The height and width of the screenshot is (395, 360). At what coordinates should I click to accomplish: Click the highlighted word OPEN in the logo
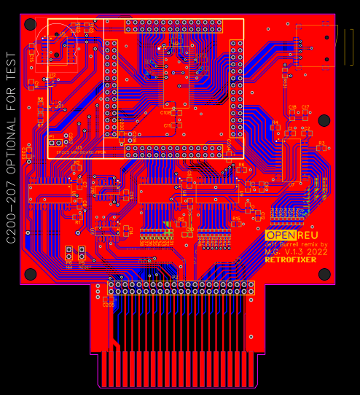tap(278, 235)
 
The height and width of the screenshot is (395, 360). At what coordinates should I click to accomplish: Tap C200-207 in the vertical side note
tap(10, 212)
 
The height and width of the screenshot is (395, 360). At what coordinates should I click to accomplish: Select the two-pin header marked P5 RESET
tap(82, 254)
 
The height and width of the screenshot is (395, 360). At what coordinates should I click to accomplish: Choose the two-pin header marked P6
tap(69, 254)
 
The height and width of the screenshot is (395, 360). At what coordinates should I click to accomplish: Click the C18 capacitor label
tap(292, 107)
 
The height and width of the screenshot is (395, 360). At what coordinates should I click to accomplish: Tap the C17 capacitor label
tap(305, 107)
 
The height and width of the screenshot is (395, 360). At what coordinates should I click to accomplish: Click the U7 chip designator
tap(291, 184)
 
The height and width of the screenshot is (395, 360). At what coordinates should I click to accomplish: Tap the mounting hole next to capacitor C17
tap(324, 120)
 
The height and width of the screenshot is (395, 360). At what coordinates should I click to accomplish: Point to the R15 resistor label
tap(235, 218)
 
